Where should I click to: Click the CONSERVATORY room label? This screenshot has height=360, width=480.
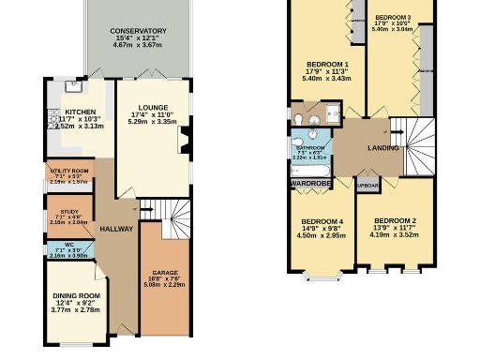click(131, 31)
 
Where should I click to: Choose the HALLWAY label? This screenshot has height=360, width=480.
click(117, 229)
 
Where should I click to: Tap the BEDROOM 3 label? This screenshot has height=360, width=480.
click(391, 18)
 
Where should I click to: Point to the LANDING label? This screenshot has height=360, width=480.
click(382, 148)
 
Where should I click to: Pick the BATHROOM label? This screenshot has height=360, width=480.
click(310, 147)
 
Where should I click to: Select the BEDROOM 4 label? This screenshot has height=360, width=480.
click(321, 222)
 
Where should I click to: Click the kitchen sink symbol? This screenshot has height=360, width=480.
click(72, 91)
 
